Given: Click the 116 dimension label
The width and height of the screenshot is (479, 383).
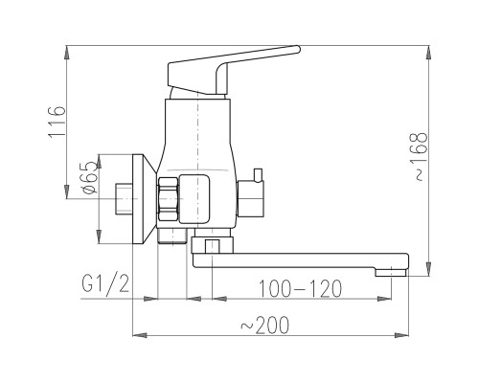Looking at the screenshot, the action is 57,122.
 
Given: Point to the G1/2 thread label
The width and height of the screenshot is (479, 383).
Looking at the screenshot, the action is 105,283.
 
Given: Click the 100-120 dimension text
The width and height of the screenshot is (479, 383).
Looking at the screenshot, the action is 300,288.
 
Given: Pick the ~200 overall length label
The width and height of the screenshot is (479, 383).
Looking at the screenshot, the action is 264,325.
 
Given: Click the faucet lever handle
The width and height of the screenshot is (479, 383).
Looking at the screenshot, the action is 234,70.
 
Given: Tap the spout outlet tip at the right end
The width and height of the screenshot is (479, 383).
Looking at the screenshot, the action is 391,272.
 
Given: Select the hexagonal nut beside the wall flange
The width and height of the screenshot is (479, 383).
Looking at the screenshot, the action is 168,199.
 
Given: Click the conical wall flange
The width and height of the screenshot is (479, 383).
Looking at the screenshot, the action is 144,199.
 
